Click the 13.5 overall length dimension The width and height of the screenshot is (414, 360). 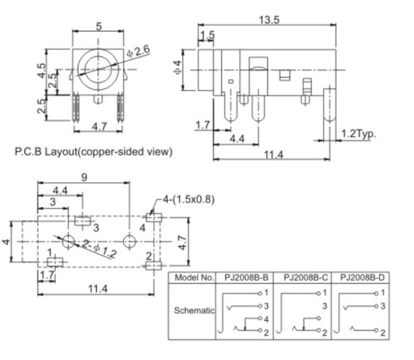tap(270, 20)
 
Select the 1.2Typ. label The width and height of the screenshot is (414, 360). tap(359, 134)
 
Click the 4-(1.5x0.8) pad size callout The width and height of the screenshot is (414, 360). tap(188, 200)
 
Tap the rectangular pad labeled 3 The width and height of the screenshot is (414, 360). tap(83, 221)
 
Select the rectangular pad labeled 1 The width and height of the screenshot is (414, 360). tap(55, 262)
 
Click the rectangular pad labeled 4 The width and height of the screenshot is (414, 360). tap(154, 217)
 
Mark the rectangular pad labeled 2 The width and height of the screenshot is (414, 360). tap(154, 267)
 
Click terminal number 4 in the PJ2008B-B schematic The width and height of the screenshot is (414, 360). tap(266, 319)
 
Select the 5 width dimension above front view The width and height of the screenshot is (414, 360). tap(99, 26)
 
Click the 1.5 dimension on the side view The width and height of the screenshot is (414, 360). tap(208, 36)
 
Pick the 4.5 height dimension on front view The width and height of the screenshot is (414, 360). tap(42, 71)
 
